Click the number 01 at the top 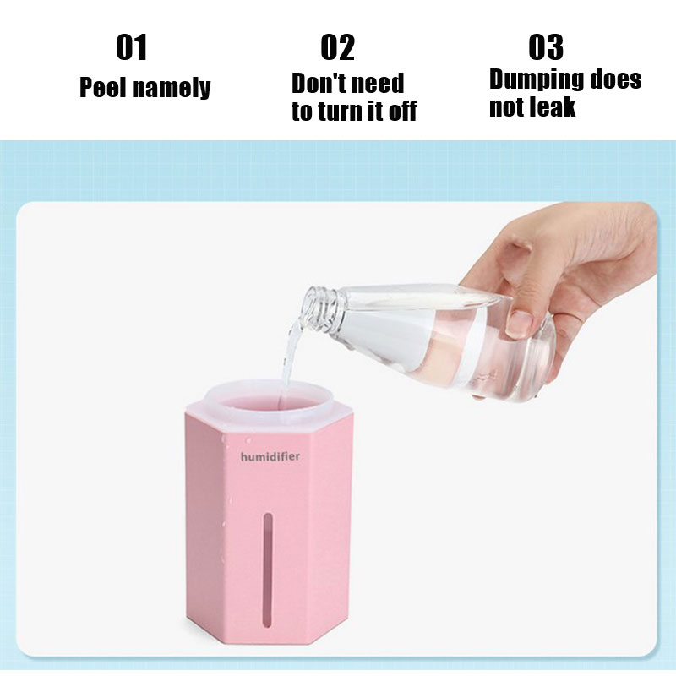132,47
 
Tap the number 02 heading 338,47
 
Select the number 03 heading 546,47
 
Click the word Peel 103,87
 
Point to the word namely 172,89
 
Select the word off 403,111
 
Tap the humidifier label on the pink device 270,456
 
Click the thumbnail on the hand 521,324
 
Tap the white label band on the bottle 445,333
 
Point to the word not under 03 510,107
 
